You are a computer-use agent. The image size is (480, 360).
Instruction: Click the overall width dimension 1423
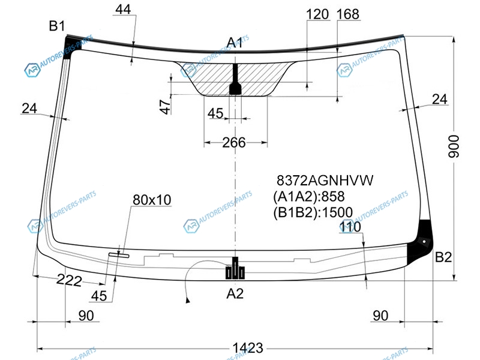click(x=248, y=348)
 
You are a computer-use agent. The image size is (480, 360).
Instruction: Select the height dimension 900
click(x=454, y=146)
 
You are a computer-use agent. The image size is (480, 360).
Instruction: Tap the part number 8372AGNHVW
click(x=325, y=181)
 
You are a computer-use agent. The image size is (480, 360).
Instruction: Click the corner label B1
click(x=57, y=26)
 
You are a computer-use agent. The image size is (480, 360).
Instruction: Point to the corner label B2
click(x=443, y=257)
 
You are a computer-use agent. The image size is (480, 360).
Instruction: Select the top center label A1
click(x=235, y=43)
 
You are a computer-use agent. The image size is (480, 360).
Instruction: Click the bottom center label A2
click(x=235, y=293)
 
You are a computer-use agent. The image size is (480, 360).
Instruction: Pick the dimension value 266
click(x=234, y=143)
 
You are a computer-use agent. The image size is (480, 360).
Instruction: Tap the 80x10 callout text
click(x=152, y=200)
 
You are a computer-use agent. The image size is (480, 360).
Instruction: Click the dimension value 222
click(x=69, y=280)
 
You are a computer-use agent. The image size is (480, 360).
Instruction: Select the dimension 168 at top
click(x=348, y=14)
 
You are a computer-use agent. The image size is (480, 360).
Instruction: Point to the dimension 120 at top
click(x=317, y=14)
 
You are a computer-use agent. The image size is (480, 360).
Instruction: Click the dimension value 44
click(x=123, y=10)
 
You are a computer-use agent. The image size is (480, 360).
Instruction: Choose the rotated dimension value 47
click(x=166, y=107)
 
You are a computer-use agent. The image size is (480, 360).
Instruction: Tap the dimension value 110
click(x=350, y=227)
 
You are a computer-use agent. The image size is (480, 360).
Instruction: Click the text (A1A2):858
click(x=309, y=197)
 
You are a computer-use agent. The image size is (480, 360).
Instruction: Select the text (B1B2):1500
click(x=313, y=212)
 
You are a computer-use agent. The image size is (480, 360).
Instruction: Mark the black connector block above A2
click(x=235, y=268)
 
